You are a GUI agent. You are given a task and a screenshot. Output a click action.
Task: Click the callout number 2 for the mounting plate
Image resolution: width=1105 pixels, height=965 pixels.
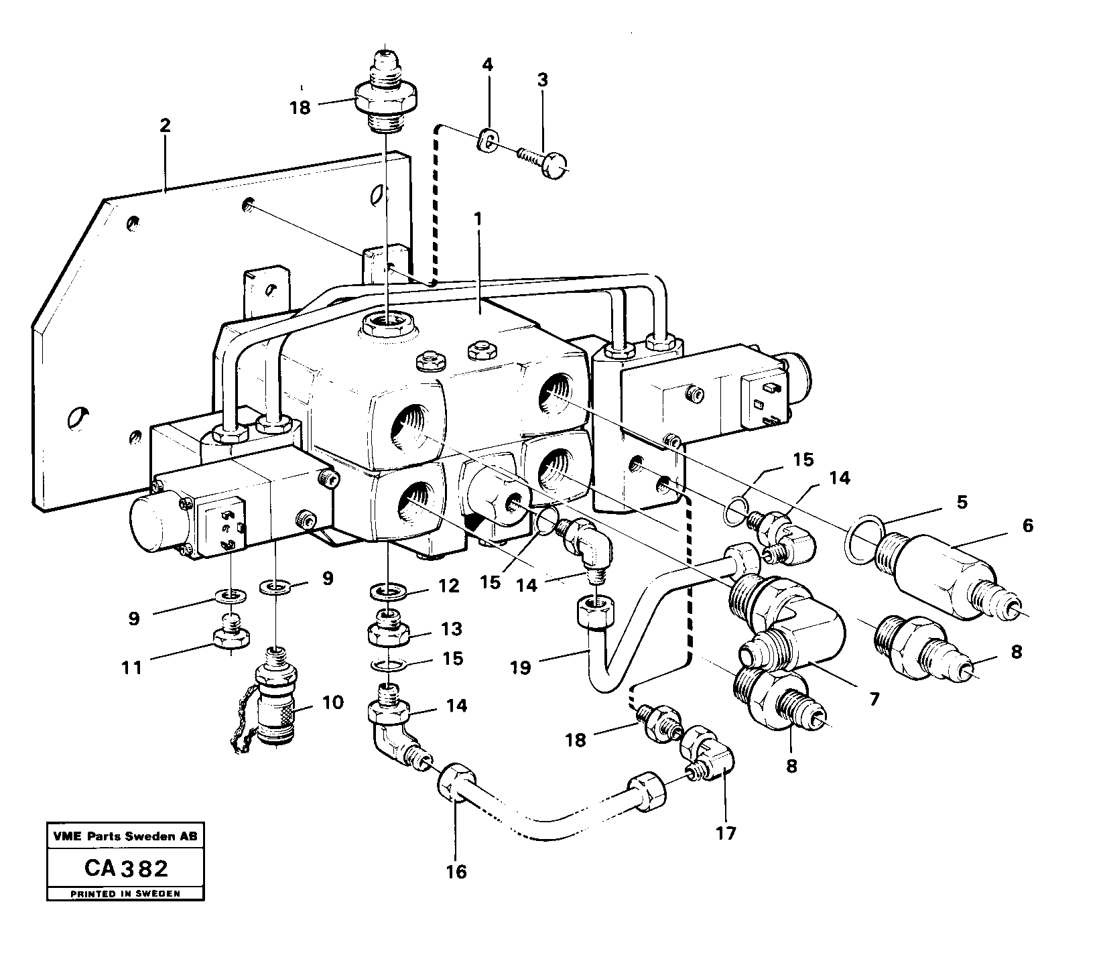click(165, 125)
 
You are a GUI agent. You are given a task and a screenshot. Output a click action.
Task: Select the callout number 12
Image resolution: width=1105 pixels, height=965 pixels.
click(449, 586)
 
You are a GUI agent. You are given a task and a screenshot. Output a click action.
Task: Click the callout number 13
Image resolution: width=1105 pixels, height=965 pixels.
click(451, 629)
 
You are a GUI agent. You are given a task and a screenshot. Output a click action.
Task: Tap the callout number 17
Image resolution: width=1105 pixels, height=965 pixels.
click(726, 833)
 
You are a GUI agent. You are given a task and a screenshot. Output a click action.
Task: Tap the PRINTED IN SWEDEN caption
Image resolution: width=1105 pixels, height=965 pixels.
click(125, 894)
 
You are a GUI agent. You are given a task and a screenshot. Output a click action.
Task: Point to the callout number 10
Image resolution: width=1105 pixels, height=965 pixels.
click(332, 702)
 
